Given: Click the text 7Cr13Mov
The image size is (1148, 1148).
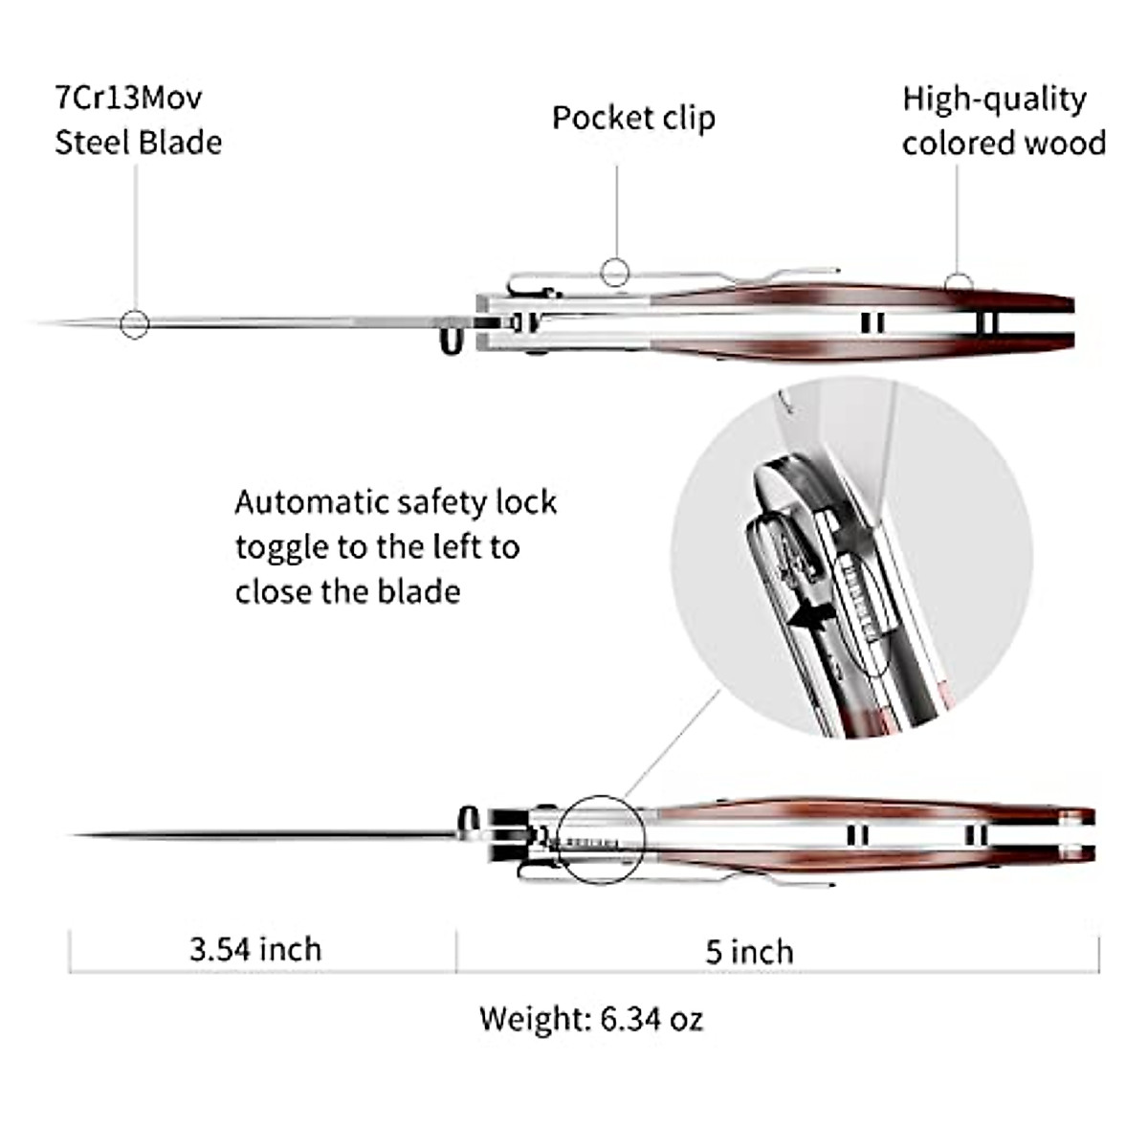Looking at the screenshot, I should (x=128, y=98).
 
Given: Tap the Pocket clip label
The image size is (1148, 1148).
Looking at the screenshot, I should (x=633, y=118).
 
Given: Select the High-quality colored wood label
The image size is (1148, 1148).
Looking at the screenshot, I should (x=1003, y=121).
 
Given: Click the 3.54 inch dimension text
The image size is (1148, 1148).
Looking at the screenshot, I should (x=255, y=949).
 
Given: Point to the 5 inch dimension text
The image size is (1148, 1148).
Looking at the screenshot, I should (x=749, y=952).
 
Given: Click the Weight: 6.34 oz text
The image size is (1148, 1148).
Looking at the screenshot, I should (x=591, y=1018).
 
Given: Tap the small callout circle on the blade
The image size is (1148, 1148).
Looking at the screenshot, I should (x=135, y=324).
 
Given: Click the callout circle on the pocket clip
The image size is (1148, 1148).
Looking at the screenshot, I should (x=615, y=272).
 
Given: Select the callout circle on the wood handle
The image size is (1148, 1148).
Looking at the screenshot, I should (x=959, y=284).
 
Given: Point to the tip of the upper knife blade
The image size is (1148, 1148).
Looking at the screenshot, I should (x=43, y=322).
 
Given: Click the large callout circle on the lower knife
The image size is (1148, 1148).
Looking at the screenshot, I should (x=602, y=839).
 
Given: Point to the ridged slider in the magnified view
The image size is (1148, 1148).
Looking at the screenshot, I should (x=858, y=595).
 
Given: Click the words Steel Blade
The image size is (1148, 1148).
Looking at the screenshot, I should (x=138, y=143).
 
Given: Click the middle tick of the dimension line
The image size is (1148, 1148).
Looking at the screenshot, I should (x=456, y=953).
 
